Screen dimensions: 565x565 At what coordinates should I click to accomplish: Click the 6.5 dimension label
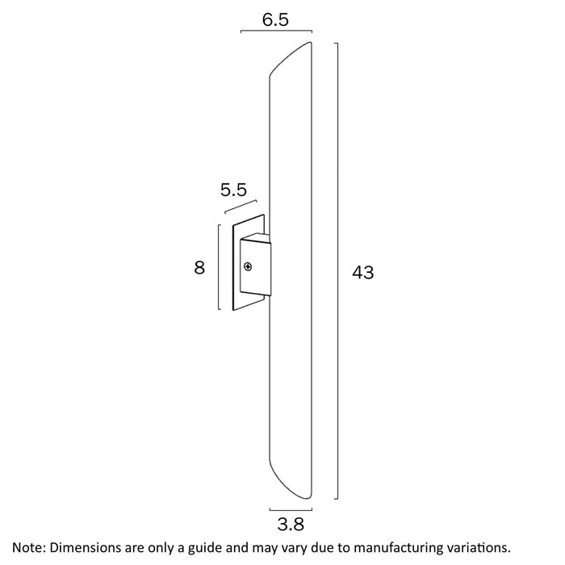coord(276,19)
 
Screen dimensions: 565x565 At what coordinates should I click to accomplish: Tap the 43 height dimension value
coord(363,273)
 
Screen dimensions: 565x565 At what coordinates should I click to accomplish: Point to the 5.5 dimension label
coord(233,191)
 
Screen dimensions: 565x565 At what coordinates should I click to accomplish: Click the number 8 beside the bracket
coord(199,267)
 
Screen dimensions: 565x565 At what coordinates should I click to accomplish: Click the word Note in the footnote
coord(29,547)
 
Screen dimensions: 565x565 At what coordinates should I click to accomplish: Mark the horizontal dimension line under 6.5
coord(276,33)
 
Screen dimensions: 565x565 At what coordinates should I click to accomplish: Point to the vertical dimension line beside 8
coord(219,267)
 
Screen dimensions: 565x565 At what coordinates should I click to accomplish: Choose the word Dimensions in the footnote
coord(88,547)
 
